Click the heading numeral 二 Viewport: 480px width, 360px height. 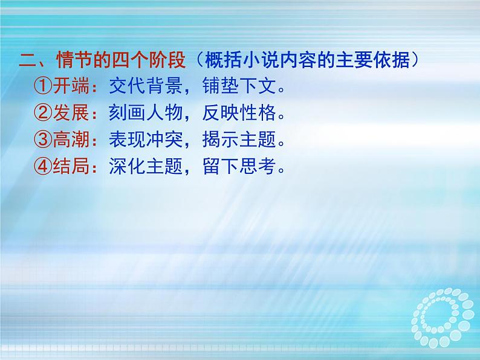[28, 60]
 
